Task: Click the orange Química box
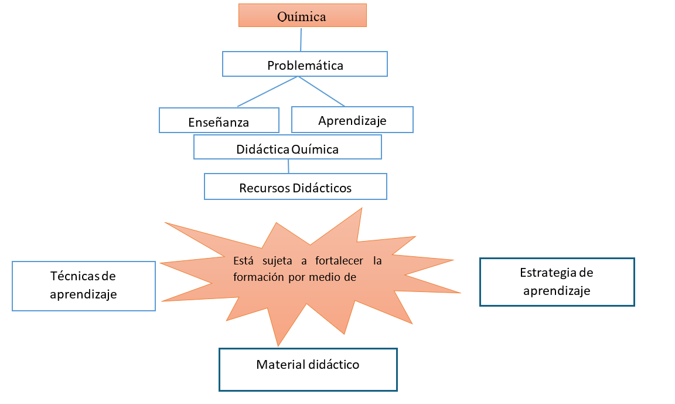302,16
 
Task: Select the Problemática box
305,64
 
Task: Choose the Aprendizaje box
352,120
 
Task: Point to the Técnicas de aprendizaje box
84,286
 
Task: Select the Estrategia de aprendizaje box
557,281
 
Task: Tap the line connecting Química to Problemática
301,39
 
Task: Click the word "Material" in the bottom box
279,365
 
